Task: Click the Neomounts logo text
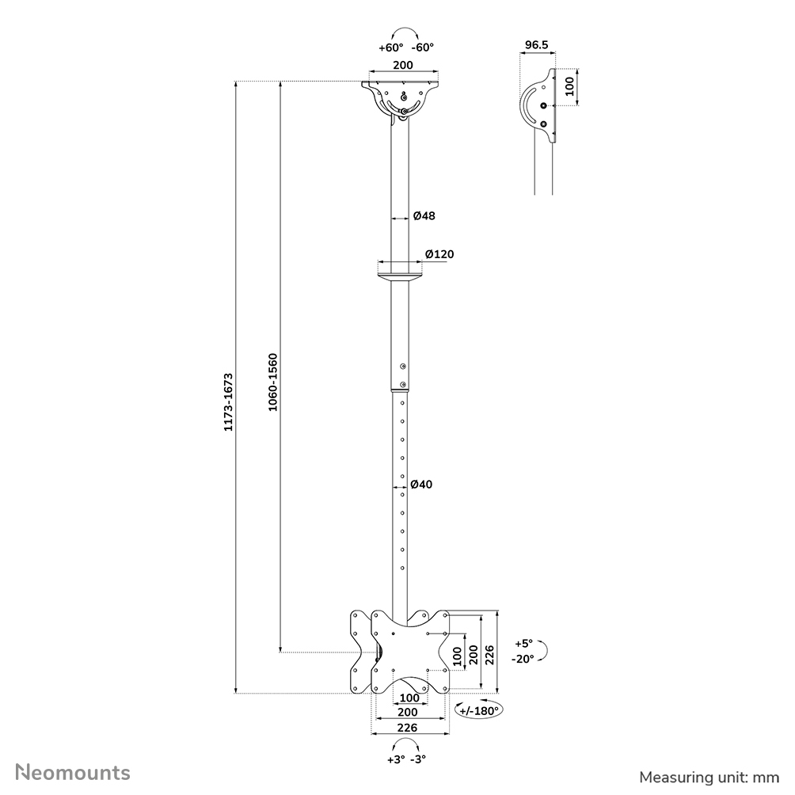pos(74,772)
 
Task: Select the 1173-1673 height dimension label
pos(227,401)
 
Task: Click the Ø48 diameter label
pos(424,215)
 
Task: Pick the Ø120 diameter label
pos(439,254)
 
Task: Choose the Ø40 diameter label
pos(421,485)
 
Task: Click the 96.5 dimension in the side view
pos(537,45)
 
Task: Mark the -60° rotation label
pos(424,48)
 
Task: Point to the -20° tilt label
pos(523,659)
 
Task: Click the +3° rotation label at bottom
pos(395,759)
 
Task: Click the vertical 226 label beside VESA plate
pos(490,655)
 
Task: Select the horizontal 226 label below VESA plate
pos(409,727)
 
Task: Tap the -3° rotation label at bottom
pos(418,759)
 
